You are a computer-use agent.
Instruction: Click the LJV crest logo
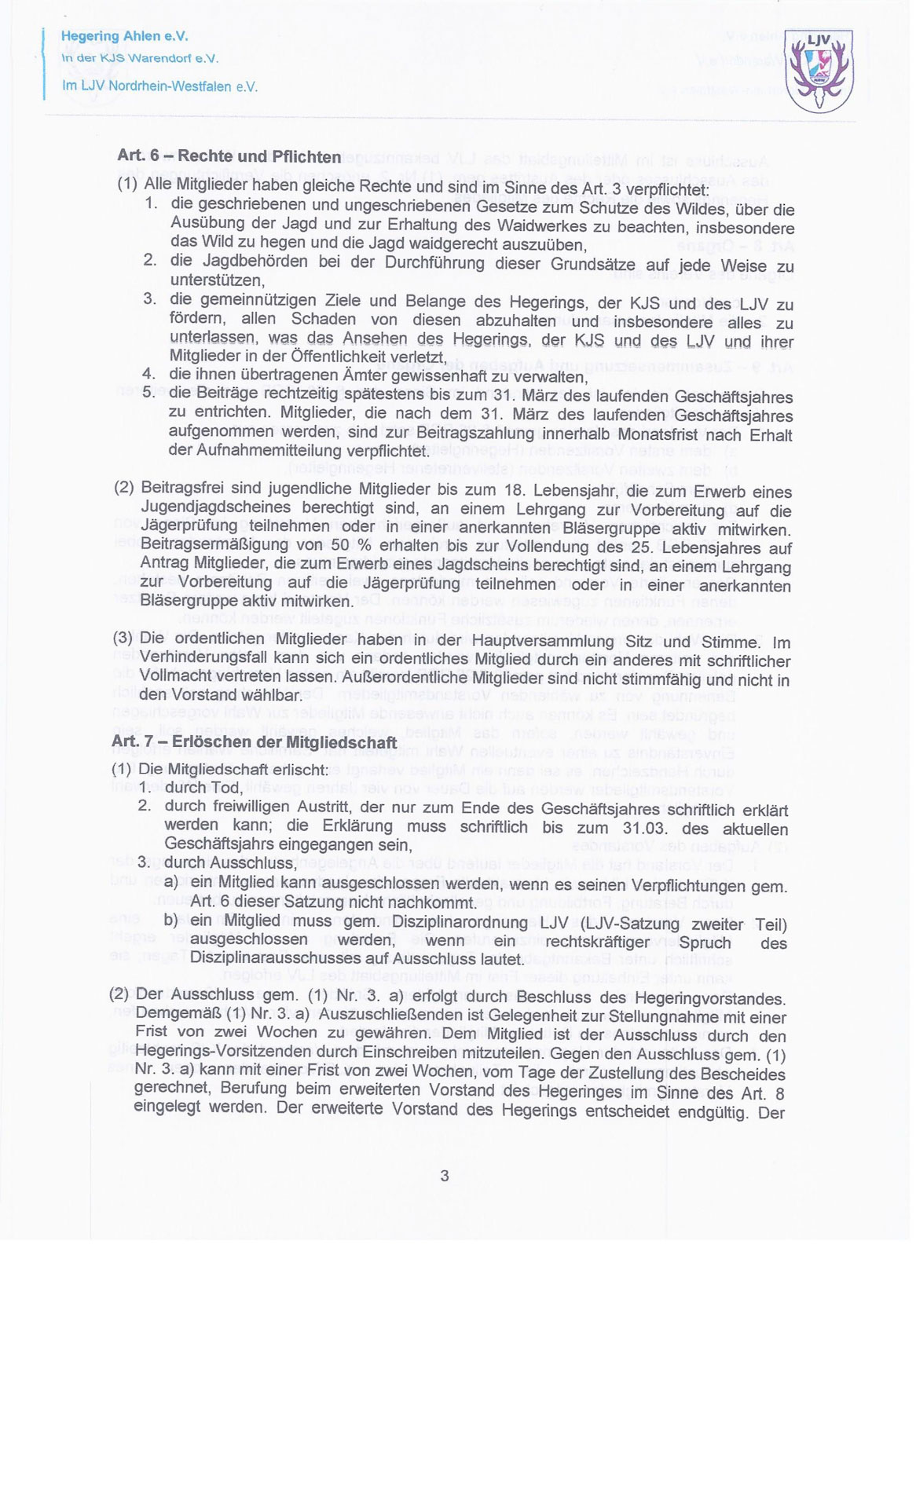coord(819,70)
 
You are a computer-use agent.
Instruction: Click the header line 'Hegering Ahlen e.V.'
coord(124,36)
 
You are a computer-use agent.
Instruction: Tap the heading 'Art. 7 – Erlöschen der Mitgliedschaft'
coord(254,741)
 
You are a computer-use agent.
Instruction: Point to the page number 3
coord(445,1176)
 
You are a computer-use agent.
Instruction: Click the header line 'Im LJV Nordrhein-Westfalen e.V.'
coord(159,86)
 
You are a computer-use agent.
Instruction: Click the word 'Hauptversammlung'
coord(537,641)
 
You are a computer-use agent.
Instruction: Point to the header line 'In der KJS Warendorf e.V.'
coord(140,59)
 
